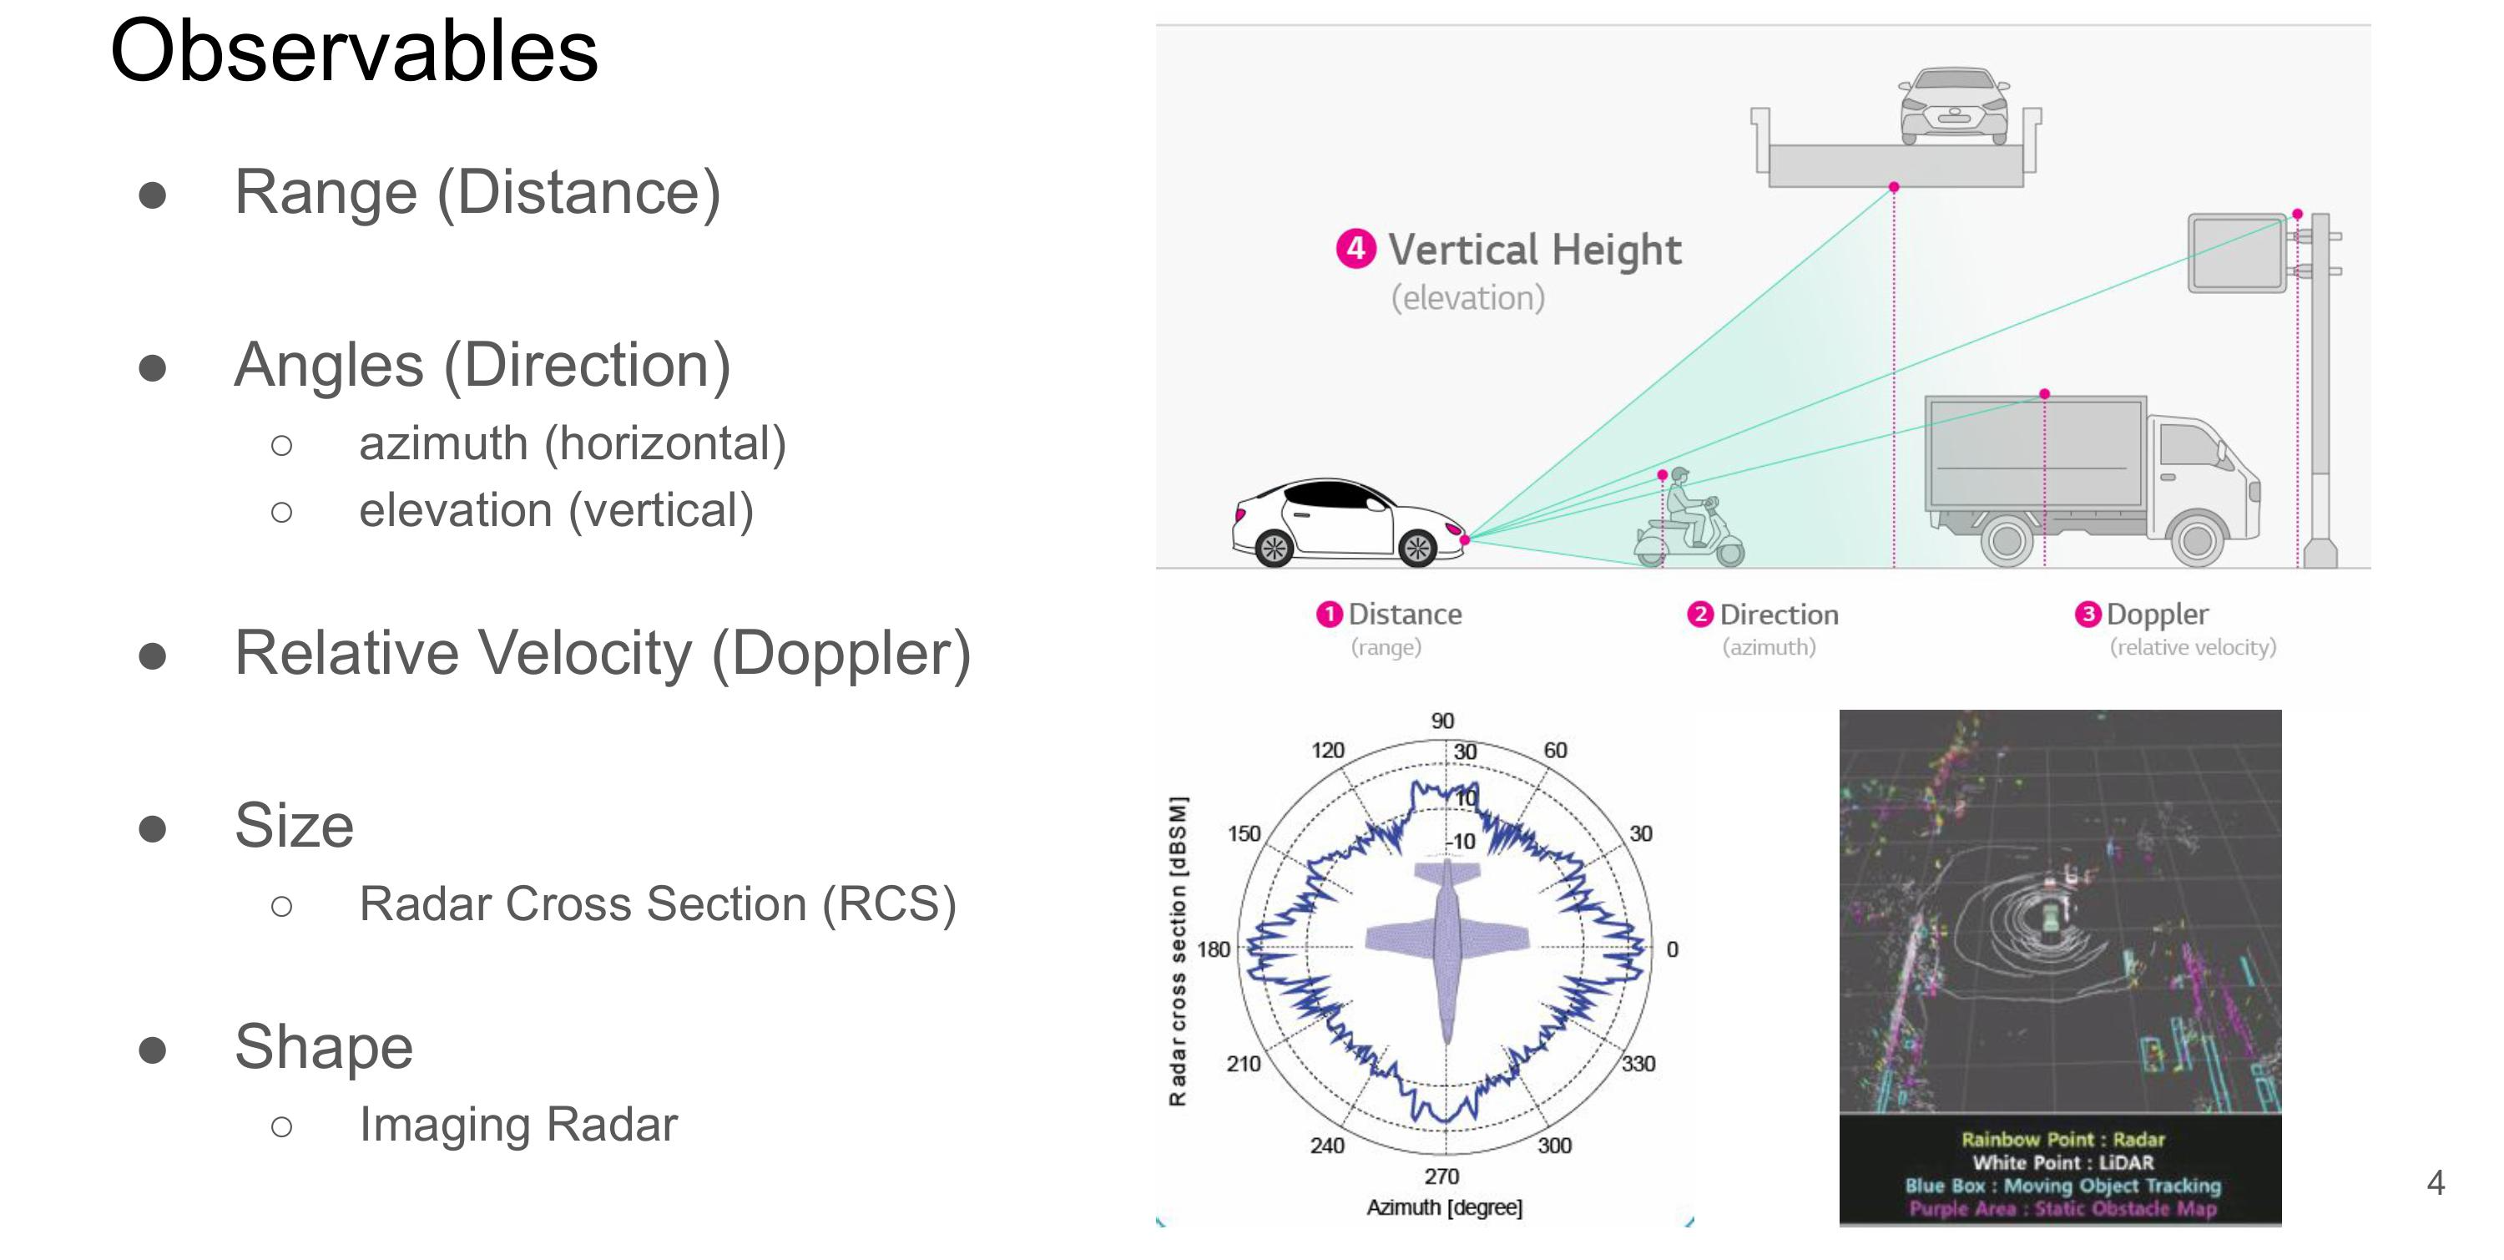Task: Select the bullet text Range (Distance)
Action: click(477, 193)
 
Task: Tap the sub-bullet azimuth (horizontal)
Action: click(572, 444)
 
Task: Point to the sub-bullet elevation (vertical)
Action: click(556, 511)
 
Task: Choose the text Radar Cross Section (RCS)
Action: click(657, 904)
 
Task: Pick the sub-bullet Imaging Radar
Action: click(518, 1125)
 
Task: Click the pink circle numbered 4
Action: click(1355, 248)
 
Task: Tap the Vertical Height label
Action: click(1534, 250)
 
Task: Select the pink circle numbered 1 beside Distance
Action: click(1329, 615)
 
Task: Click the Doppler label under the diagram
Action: click(2156, 615)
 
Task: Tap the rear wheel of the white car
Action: click(1274, 549)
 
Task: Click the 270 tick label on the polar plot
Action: click(1441, 1177)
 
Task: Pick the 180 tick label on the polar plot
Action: click(1213, 949)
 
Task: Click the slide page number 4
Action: click(2435, 1182)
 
